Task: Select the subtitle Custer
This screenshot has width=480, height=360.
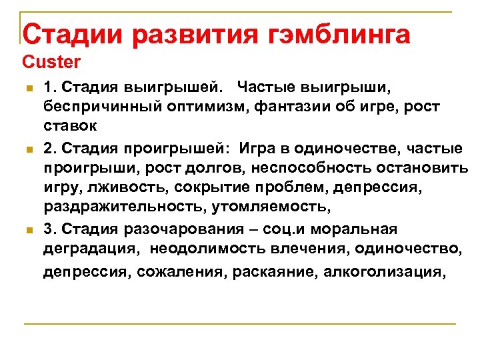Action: tap(51, 63)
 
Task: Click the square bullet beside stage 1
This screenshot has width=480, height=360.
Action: tap(27, 88)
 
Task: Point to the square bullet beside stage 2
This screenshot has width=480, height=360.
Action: tap(27, 148)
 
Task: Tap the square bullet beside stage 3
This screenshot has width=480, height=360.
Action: tap(27, 231)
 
